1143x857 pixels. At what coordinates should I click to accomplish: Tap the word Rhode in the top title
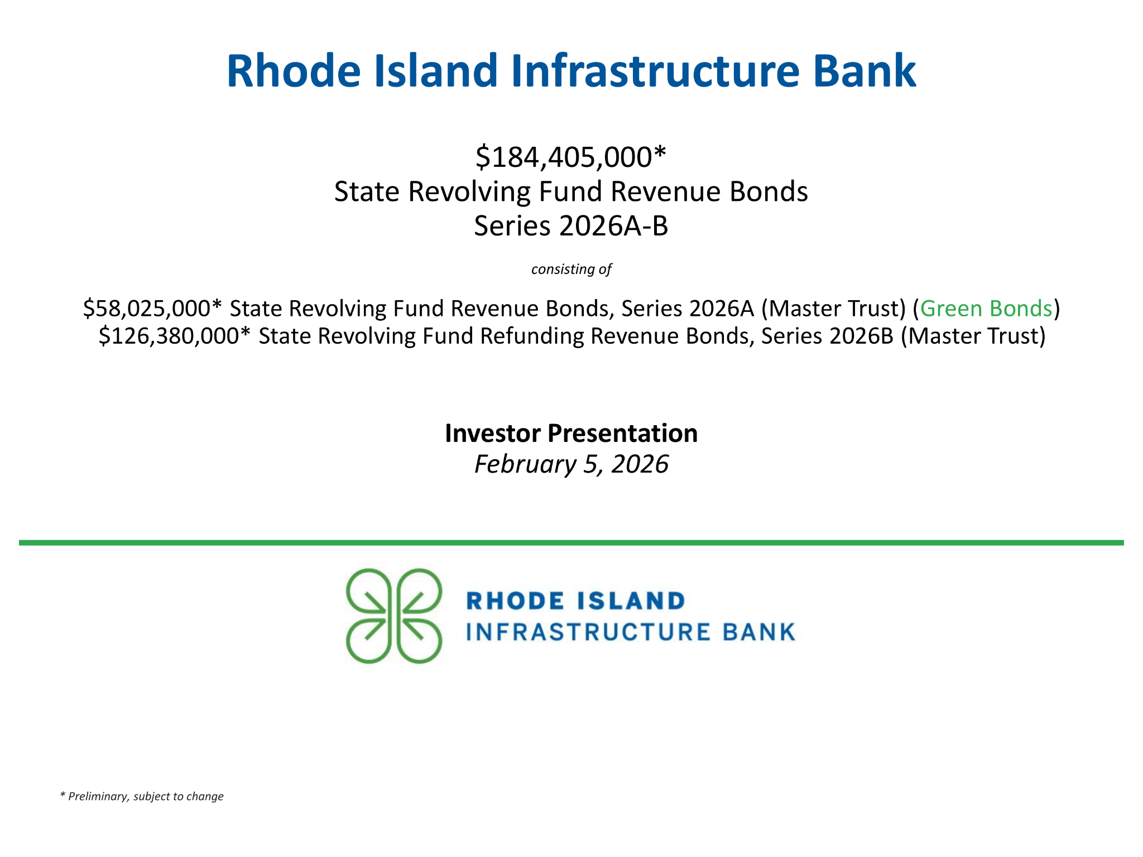(x=294, y=71)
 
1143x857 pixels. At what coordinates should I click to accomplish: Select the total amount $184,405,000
(x=564, y=157)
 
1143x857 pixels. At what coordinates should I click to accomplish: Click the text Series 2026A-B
(x=571, y=226)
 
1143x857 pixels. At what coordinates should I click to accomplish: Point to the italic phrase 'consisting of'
(x=571, y=269)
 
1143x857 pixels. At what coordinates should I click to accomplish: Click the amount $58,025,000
(x=147, y=309)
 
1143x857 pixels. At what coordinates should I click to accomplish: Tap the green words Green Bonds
(x=986, y=309)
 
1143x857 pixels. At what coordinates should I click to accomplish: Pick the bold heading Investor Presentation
(x=571, y=433)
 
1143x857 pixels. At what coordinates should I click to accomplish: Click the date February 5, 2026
(x=571, y=464)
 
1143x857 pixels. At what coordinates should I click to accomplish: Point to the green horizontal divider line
(x=571, y=543)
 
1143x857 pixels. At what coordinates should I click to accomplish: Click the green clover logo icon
(x=394, y=616)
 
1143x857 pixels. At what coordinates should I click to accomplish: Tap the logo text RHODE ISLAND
(x=575, y=601)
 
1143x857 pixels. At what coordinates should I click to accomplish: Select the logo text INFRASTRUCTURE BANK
(x=631, y=632)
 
